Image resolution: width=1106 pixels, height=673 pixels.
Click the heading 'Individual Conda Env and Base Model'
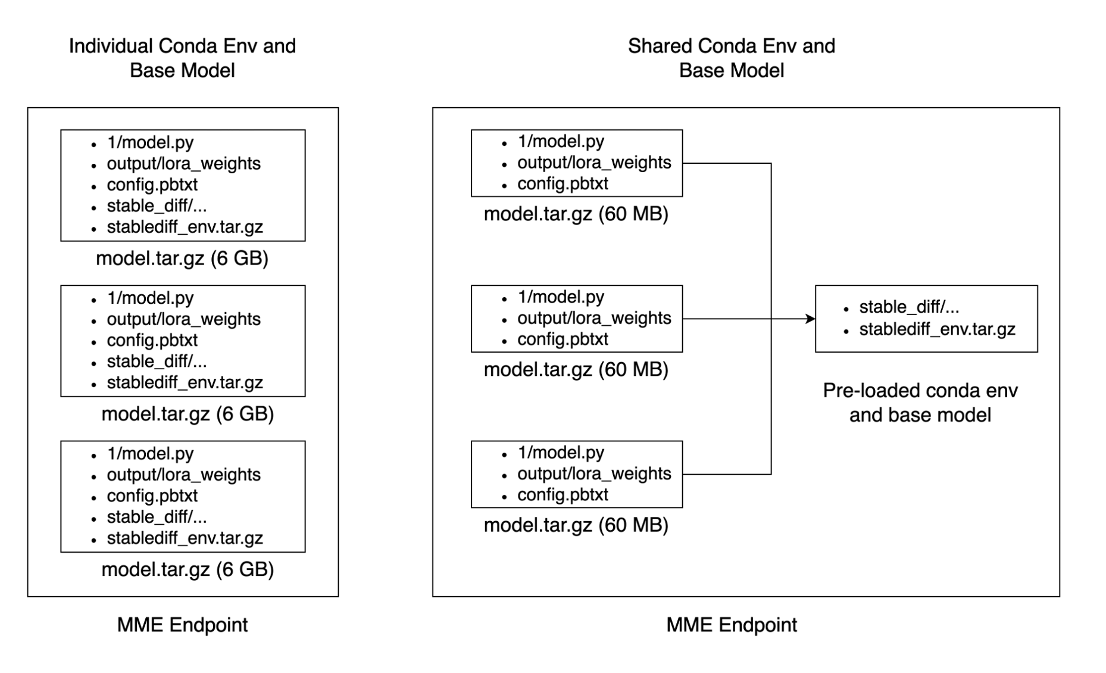(182, 58)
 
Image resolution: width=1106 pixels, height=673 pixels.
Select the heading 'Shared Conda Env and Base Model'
(732, 58)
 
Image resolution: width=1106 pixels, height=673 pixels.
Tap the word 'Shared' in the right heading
(660, 46)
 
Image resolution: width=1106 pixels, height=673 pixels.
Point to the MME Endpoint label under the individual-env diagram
(182, 625)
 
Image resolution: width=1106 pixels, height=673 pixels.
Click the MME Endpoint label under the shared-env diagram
(732, 625)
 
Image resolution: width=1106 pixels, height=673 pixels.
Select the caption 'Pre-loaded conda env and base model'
(920, 403)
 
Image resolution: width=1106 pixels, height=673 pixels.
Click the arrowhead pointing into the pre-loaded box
(811, 319)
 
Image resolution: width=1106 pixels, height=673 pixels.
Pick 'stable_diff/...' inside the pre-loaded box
(909, 307)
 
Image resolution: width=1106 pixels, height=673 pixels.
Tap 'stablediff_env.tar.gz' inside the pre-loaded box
(937, 329)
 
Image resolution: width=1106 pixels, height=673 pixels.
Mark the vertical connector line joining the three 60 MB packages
(771, 319)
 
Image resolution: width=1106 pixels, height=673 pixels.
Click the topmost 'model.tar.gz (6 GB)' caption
(182, 258)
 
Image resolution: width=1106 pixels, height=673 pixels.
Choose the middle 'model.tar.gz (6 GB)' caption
(188, 414)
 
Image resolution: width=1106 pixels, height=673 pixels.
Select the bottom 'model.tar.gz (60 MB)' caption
(576, 525)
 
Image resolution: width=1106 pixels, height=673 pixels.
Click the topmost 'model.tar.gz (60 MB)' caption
(576, 214)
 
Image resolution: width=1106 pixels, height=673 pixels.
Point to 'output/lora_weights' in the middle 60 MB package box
(594, 319)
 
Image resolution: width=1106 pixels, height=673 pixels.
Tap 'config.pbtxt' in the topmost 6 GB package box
(152, 185)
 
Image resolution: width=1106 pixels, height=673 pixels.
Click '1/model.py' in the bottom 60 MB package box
(561, 453)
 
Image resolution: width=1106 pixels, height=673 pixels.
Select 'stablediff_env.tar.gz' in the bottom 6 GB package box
(185, 538)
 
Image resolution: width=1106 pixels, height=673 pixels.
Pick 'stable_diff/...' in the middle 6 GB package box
(157, 362)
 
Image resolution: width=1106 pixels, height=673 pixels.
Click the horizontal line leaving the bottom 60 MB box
(727, 474)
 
